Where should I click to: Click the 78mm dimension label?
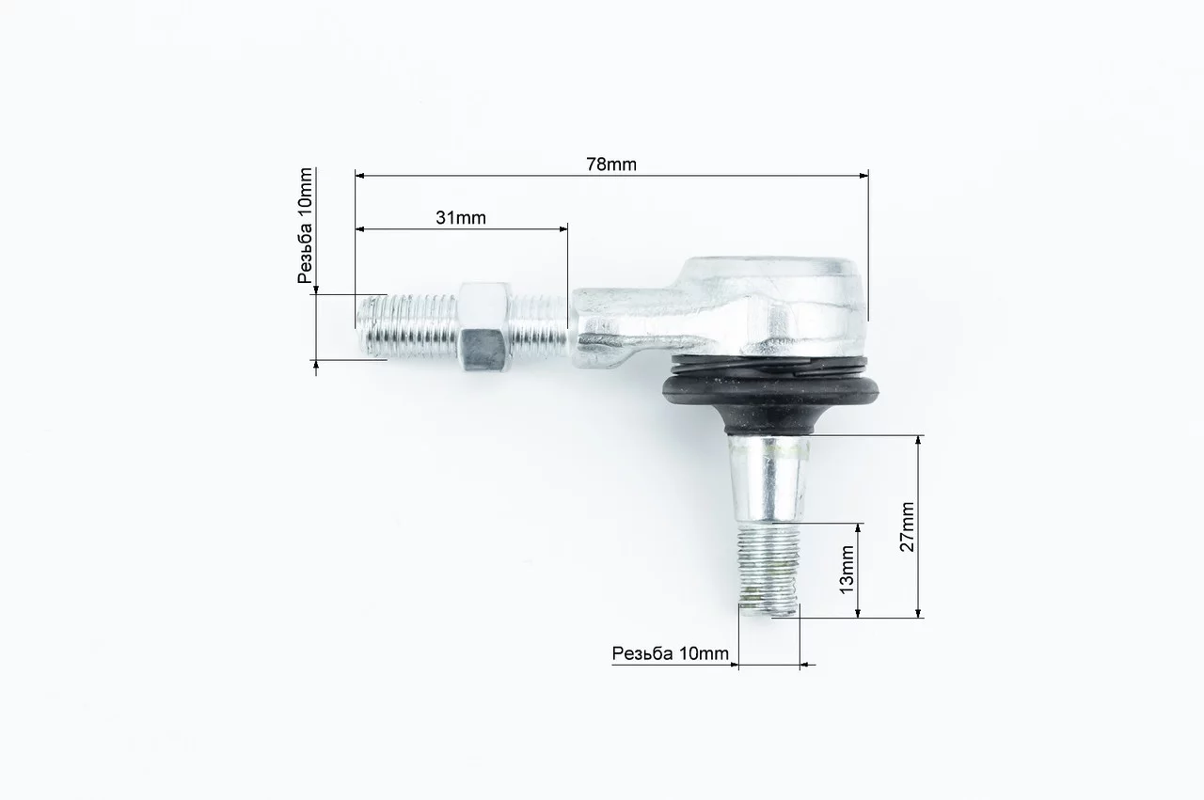(x=611, y=165)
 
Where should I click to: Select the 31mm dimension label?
(x=461, y=217)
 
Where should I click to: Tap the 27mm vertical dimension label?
(x=907, y=526)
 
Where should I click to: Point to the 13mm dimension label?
(x=847, y=570)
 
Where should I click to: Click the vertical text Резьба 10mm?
(x=305, y=226)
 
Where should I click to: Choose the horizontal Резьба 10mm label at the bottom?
(x=671, y=653)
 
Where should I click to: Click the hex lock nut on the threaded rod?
(x=483, y=326)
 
